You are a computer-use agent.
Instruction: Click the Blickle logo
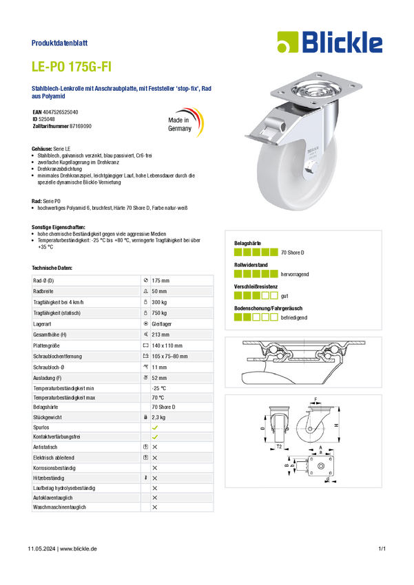coord(330,42)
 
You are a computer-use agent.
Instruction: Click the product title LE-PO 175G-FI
coord(72,67)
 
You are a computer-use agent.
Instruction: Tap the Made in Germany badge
coord(185,122)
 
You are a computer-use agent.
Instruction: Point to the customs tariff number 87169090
coord(81,126)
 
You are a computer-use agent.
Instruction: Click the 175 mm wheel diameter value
coord(161,281)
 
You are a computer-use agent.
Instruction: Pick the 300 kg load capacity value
coord(159,302)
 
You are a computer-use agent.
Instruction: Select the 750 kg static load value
coord(159,313)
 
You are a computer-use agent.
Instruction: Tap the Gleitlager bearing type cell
coord(162,324)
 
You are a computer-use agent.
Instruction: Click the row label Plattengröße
coord(46,345)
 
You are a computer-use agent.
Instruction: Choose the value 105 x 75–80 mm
coord(169,357)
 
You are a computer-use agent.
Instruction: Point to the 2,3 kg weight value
coord(158,418)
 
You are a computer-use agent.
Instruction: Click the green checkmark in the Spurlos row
coord(155,427)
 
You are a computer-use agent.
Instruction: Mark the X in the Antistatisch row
coord(155,447)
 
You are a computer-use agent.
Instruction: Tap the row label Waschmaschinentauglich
coord(59,507)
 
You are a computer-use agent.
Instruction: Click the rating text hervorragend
coord(295,274)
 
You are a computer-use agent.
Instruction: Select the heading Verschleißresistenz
coord(256,286)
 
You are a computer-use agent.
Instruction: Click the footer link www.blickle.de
coord(79,549)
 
